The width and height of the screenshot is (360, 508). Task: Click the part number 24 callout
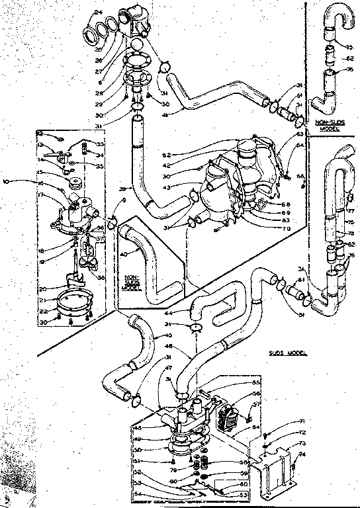(x=99, y=13)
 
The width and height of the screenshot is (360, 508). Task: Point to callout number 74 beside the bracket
(x=303, y=454)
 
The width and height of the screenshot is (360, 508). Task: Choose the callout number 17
(x=58, y=195)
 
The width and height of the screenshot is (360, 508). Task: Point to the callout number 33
(x=101, y=144)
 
